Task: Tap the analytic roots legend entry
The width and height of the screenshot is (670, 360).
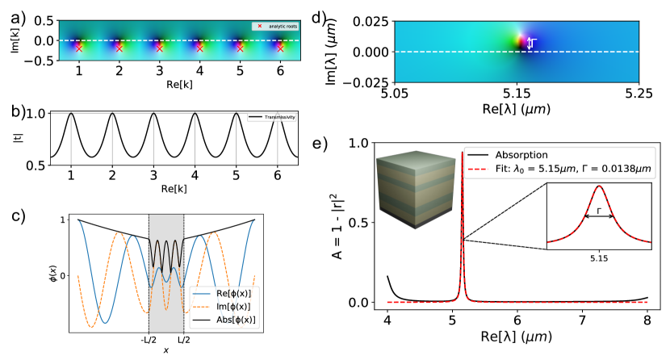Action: pos(279,27)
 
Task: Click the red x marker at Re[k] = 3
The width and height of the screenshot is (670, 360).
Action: pos(159,48)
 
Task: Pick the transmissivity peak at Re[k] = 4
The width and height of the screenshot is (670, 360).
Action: pos(199,114)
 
